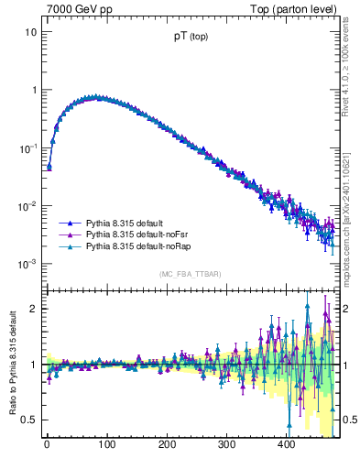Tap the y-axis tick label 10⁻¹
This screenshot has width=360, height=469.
coord(27,147)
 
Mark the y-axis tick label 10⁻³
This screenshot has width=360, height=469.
coord(27,264)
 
